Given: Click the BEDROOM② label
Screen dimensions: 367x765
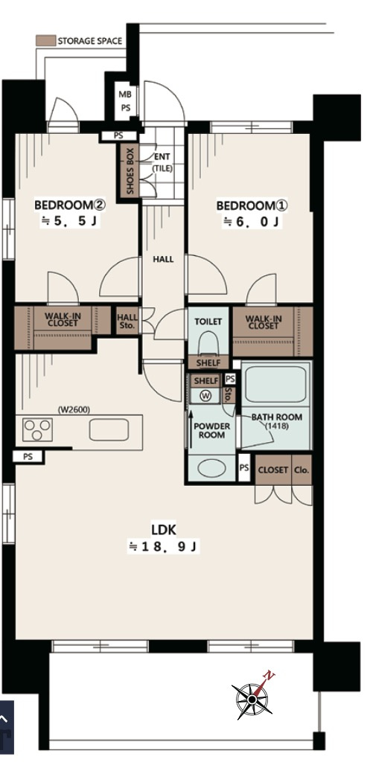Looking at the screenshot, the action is (x=70, y=205).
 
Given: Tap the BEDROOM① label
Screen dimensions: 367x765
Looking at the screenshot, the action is (x=252, y=206).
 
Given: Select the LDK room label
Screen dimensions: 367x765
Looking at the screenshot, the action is (x=164, y=530).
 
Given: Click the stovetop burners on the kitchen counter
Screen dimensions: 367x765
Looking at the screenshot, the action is (x=37, y=430).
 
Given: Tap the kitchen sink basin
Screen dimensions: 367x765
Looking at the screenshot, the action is (x=109, y=430).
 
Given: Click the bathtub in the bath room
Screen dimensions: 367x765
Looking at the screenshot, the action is (x=276, y=385).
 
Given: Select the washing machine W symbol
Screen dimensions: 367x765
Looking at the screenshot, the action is (x=205, y=397).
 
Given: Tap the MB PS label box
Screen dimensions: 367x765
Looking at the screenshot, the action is (x=125, y=101).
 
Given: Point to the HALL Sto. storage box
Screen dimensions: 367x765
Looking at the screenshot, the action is (x=127, y=321).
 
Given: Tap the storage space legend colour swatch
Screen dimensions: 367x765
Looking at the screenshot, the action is (x=45, y=41).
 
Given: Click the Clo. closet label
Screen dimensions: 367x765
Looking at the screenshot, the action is (x=302, y=470).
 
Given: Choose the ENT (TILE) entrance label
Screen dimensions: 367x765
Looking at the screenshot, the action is (x=162, y=162).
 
